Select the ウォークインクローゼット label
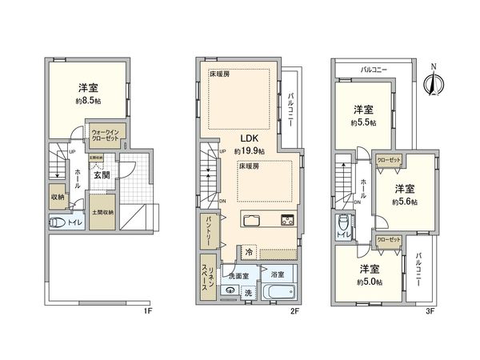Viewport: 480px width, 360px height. coord(104,134)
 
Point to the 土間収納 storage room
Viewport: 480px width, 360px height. coord(101,212)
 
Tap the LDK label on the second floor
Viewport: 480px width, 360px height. coord(246,138)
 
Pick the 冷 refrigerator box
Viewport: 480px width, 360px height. coord(249,250)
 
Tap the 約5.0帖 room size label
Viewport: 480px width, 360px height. coord(369,281)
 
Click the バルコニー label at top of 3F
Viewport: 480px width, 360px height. coord(374,70)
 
